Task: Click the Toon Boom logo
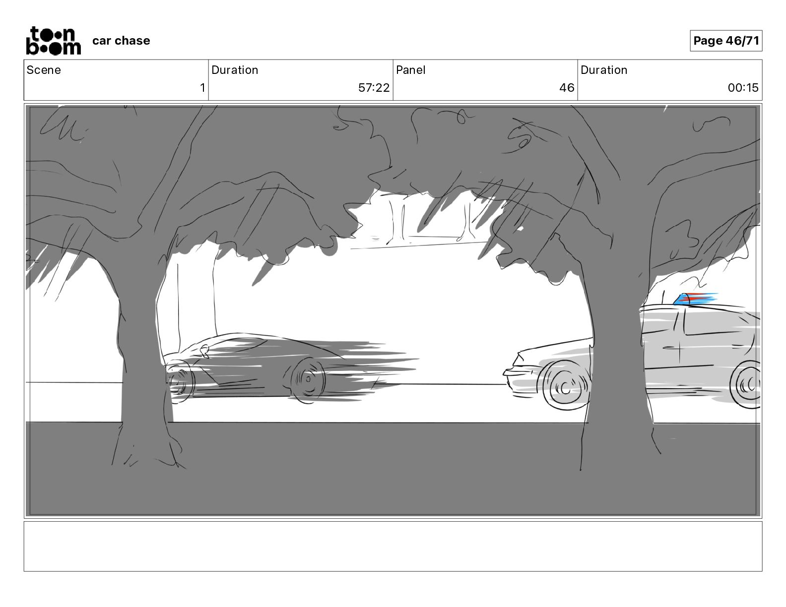(54, 41)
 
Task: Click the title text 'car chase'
(121, 41)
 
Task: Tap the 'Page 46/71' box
(725, 41)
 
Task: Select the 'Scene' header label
(43, 70)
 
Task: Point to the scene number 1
(202, 87)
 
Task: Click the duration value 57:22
(374, 87)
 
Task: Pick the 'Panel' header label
(410, 70)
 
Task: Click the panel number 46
(567, 87)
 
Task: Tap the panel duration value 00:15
(743, 87)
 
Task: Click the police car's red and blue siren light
(695, 299)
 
